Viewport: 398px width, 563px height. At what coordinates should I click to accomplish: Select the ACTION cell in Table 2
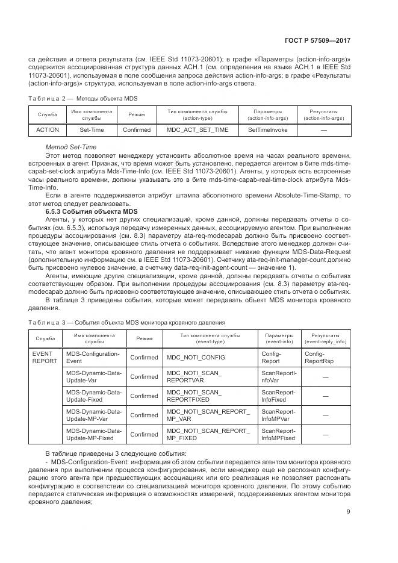[x=47, y=129]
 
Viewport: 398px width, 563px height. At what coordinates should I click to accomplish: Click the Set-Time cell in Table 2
[x=92, y=129]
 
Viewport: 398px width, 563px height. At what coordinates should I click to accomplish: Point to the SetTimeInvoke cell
[x=267, y=129]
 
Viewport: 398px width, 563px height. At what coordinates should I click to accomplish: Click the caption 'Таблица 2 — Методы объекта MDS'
[x=79, y=98]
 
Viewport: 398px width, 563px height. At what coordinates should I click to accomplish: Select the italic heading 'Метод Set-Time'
[x=71, y=147]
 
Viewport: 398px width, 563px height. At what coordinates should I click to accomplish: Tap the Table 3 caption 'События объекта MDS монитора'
[x=126, y=322]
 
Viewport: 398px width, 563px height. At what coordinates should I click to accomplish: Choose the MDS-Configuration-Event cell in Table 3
[x=93, y=358]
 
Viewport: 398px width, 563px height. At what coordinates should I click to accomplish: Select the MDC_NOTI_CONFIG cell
[x=196, y=358]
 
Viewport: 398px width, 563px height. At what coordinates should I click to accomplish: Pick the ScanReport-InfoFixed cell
[x=278, y=396]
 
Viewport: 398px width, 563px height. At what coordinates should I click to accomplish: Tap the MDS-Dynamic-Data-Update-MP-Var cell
[x=93, y=415]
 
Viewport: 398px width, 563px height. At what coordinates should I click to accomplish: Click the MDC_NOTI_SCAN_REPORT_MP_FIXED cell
[x=208, y=434]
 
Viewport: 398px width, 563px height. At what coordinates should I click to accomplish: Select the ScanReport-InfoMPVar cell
[x=278, y=415]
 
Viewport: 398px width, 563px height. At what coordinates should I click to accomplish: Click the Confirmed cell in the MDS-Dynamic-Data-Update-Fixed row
[x=144, y=396]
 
